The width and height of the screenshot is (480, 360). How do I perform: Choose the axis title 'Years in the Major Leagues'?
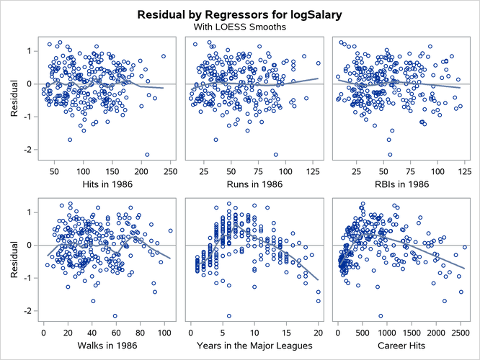pos(252,344)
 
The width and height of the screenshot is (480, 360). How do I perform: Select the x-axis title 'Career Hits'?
pos(399,344)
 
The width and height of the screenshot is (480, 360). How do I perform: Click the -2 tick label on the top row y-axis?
pos(29,150)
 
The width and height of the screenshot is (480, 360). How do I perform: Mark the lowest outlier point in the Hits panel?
pos(147,155)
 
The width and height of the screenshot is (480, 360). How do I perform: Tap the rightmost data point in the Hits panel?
pos(164,56)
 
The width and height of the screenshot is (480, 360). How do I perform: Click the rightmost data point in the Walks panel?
pos(170,231)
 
